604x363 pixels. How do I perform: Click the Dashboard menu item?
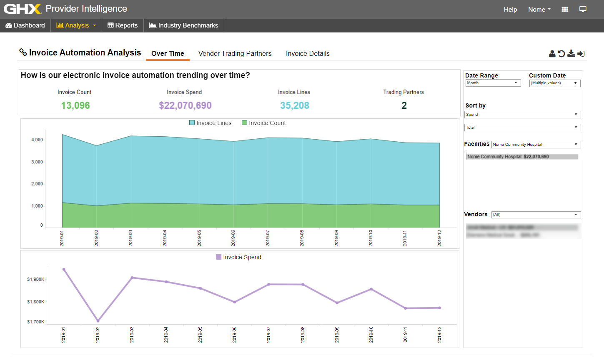tap(25, 25)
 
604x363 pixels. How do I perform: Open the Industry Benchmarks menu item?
tap(184, 25)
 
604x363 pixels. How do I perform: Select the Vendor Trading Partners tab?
tap(235, 53)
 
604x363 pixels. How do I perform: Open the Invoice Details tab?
tap(308, 53)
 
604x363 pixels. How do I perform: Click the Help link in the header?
tap(510, 9)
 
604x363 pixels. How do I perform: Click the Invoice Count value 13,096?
tap(75, 105)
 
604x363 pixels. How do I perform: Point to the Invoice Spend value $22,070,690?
tap(185, 105)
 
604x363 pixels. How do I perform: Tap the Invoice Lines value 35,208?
tap(294, 105)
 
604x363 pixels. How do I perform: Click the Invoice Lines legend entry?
tap(211, 123)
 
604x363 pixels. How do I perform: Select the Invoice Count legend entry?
tap(264, 123)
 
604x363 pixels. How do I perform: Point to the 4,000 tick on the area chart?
tap(37, 140)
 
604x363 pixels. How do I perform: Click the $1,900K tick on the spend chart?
tap(36, 279)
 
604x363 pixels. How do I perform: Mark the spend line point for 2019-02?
tap(98, 321)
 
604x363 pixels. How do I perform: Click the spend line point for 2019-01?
tap(64, 269)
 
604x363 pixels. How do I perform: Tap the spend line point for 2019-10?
tap(371, 289)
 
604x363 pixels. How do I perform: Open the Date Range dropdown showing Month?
tap(493, 83)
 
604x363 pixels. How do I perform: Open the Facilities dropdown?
tap(536, 145)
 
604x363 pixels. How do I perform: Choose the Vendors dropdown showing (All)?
tap(536, 215)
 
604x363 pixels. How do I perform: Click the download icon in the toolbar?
tap(571, 53)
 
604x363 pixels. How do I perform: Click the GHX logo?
tap(23, 9)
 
